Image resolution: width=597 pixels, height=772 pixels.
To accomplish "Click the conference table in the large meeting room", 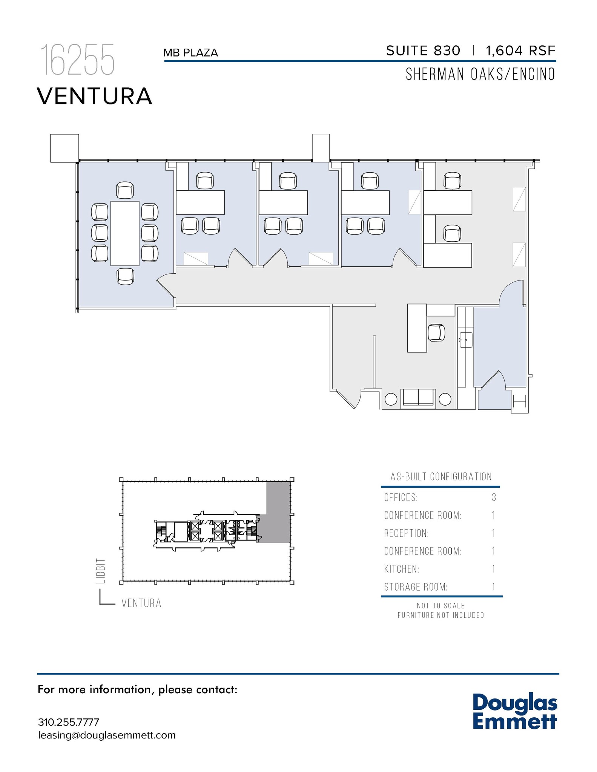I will (125, 233).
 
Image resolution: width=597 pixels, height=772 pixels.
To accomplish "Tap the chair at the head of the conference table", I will (125, 190).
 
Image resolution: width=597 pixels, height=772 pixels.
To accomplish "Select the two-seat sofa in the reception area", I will (418, 398).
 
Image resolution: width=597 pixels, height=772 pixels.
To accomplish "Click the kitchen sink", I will (466, 340).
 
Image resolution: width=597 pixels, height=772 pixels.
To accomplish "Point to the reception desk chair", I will (436, 333).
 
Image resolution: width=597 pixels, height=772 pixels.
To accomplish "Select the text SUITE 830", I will (423, 51).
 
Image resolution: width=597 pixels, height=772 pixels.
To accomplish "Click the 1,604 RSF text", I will (520, 51).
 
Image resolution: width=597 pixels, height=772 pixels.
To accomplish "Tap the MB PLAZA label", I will (191, 53).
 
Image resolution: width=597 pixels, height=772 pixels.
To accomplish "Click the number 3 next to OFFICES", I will (494, 498).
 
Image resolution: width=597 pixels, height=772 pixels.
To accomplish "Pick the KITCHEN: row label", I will (402, 569).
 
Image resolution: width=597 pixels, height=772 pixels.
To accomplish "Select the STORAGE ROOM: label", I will (416, 587).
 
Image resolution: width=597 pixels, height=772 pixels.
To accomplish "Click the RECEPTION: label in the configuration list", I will (406, 533).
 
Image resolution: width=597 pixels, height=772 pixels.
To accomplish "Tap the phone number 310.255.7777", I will (69, 722).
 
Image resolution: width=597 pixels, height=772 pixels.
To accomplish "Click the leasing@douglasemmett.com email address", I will (107, 735).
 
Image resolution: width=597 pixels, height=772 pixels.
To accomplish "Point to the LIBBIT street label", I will (101, 571).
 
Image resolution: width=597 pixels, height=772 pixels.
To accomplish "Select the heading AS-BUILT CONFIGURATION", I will (441, 477).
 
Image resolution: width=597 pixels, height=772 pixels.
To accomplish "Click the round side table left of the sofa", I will (391, 399).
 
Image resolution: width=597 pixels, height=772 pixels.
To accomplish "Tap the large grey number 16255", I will (77, 60).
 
